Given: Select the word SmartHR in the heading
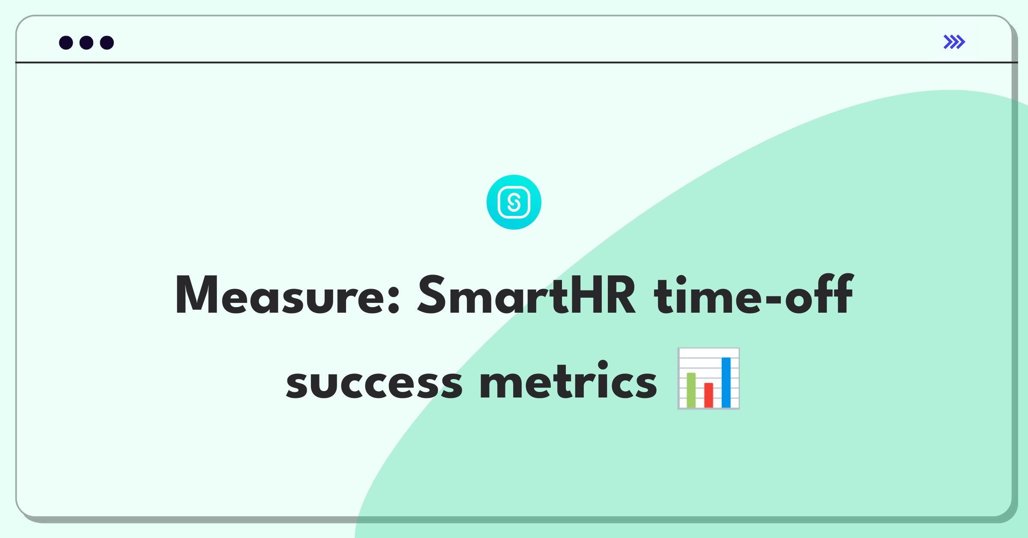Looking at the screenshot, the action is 526,295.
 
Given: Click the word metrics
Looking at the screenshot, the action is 568,380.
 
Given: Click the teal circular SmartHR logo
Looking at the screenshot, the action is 514,202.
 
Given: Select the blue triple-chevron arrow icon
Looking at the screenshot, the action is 954,42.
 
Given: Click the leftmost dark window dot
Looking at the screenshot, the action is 66,42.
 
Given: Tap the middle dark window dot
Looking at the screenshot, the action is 87,42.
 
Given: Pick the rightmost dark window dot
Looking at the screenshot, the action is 107,42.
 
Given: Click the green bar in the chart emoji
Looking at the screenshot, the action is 691,390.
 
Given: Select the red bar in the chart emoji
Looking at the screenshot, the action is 709,395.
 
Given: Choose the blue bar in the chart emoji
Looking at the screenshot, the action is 726,382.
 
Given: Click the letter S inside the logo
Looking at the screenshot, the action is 514,202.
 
